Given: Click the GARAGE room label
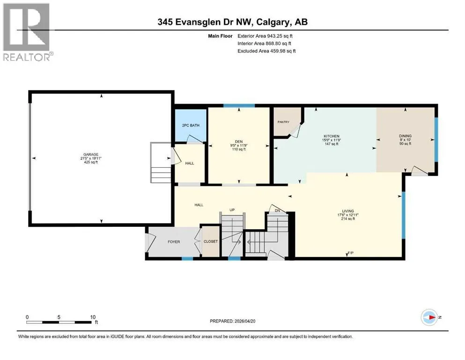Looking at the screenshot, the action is [91, 155].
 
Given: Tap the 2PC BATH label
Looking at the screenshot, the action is [191, 126].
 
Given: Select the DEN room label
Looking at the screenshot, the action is [239, 142].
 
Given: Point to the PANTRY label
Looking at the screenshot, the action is [283, 122].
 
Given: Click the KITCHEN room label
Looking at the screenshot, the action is [331, 136].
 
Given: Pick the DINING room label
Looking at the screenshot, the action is [405, 136].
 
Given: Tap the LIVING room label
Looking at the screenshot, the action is [348, 211].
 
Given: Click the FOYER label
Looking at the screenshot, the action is [174, 242].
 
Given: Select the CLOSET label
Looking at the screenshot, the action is [211, 241].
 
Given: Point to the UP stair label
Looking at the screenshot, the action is [232, 210].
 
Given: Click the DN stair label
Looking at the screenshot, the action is [277, 211].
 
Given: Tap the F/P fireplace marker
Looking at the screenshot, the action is [351, 253].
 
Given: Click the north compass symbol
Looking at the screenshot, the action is [429, 317].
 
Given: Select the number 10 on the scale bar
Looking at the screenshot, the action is [93, 317].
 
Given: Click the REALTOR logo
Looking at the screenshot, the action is [28, 32].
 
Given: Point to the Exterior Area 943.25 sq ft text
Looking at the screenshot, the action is [265, 36].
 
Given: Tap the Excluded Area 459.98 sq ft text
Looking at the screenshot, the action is [266, 51].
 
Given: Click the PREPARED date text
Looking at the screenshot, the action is [232, 321].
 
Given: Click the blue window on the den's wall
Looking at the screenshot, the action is [239, 105].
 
